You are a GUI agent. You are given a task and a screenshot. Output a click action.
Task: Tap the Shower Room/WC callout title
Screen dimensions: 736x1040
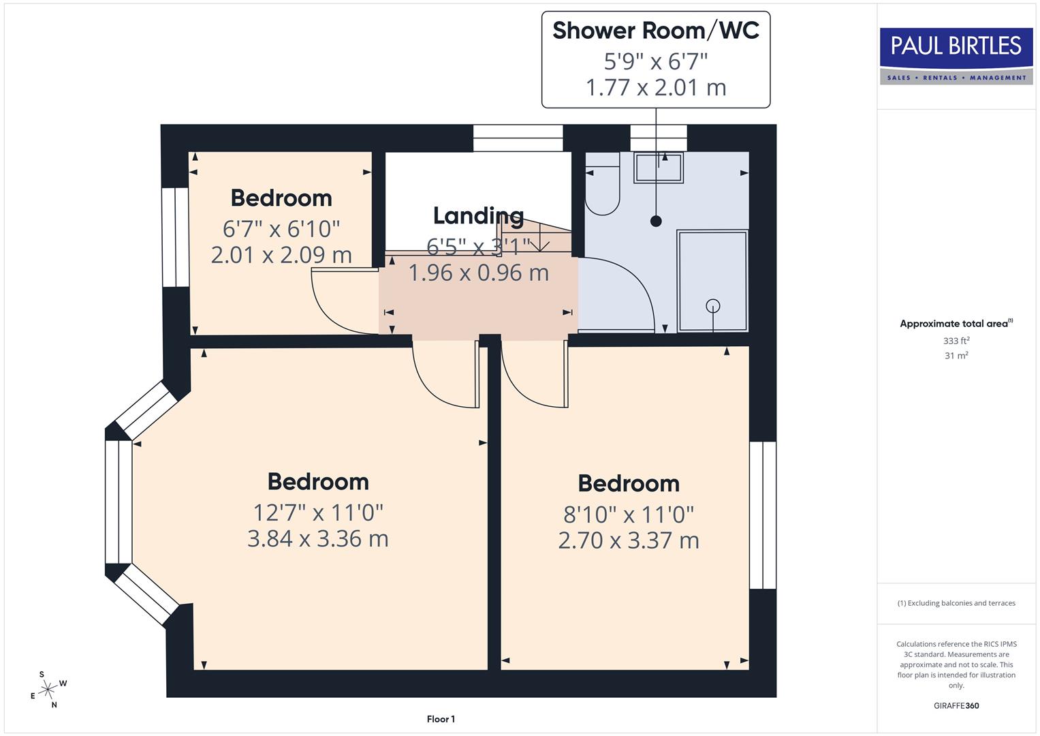[655, 31]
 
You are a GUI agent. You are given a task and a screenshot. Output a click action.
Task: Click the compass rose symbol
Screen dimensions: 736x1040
[48, 690]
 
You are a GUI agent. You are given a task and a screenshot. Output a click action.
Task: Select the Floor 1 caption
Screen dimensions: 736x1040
[441, 719]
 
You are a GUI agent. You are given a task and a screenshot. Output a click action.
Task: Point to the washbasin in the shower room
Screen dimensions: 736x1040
[658, 168]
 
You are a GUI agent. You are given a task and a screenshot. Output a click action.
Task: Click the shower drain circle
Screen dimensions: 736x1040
[712, 305]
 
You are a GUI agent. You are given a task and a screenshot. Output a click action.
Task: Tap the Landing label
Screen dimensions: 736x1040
[478, 215]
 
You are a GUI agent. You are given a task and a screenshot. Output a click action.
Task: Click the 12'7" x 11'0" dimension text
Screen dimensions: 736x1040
[318, 512]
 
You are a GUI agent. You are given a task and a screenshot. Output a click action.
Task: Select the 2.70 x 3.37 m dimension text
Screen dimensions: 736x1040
[628, 540]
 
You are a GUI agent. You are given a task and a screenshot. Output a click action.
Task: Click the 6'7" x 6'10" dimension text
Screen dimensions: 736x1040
[281, 228]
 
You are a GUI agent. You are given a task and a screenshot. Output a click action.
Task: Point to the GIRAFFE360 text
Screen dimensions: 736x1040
[956, 705]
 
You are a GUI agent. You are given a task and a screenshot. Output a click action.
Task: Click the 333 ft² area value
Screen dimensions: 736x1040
[956, 341]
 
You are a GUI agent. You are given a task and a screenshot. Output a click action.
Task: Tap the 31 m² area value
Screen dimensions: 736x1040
[956, 356]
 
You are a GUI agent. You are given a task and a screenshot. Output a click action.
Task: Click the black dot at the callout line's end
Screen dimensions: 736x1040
[656, 221]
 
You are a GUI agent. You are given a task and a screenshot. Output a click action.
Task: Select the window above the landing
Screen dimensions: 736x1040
[518, 138]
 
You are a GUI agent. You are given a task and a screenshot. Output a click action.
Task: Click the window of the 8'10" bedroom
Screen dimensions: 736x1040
[762, 515]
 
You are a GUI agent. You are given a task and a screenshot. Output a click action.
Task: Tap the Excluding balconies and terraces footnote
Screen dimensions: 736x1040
[956, 603]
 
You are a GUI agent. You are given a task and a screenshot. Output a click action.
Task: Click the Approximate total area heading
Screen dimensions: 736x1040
[956, 324]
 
